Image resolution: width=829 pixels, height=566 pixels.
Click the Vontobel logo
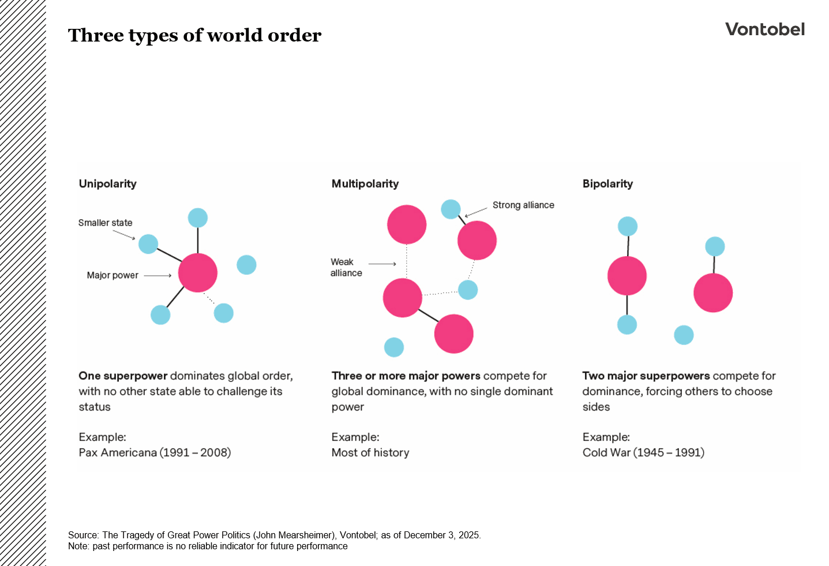pyautogui.click(x=764, y=29)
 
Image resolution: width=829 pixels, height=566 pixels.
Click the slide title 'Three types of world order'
pyautogui.click(x=194, y=35)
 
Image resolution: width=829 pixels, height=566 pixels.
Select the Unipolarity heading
pyautogui.click(x=108, y=183)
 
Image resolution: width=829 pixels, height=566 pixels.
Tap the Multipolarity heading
pyautogui.click(x=365, y=183)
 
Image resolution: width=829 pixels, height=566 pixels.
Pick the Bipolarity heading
pyautogui.click(x=607, y=183)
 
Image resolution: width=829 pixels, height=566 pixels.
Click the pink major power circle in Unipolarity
pyautogui.click(x=197, y=273)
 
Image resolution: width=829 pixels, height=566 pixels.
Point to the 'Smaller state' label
pyautogui.click(x=105, y=223)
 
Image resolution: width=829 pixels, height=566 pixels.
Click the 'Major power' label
pyautogui.click(x=112, y=275)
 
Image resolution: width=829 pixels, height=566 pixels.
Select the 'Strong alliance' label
pyautogui.click(x=523, y=205)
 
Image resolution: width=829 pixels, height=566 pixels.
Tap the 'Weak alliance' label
pyautogui.click(x=346, y=267)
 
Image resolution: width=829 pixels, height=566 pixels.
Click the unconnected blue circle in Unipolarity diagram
pyautogui.click(x=246, y=265)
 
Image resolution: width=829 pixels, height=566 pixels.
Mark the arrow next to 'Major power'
pyautogui.click(x=157, y=276)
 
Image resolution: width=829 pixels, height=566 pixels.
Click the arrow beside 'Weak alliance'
pyautogui.click(x=382, y=264)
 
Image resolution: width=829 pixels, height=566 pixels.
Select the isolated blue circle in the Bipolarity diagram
pyautogui.click(x=684, y=335)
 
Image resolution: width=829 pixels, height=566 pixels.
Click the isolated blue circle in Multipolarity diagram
pyautogui.click(x=394, y=347)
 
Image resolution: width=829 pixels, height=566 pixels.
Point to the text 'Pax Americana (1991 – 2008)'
pyautogui.click(x=155, y=452)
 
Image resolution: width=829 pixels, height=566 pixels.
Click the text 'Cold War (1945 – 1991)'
pyautogui.click(x=643, y=452)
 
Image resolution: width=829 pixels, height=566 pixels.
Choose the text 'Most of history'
pyautogui.click(x=370, y=452)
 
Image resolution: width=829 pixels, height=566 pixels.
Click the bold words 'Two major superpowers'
pyautogui.click(x=646, y=376)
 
